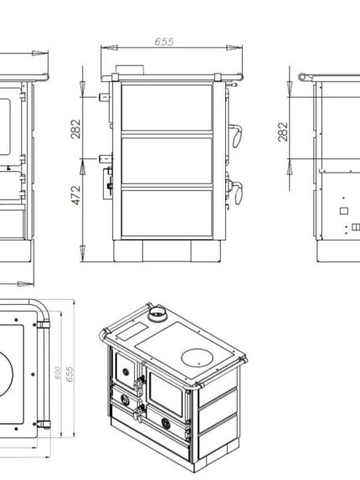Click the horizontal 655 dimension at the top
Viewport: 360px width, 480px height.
[164, 42]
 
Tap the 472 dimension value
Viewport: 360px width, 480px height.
[76, 195]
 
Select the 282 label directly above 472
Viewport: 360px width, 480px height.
[75, 129]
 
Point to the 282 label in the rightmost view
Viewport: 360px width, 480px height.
[283, 132]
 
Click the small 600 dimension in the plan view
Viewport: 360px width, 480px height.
[58, 373]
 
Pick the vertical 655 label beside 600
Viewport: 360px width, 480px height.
[69, 374]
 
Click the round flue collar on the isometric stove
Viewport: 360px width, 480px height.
[158, 313]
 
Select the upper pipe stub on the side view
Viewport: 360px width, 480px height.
[105, 97]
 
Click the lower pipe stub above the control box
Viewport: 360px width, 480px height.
[105, 159]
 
